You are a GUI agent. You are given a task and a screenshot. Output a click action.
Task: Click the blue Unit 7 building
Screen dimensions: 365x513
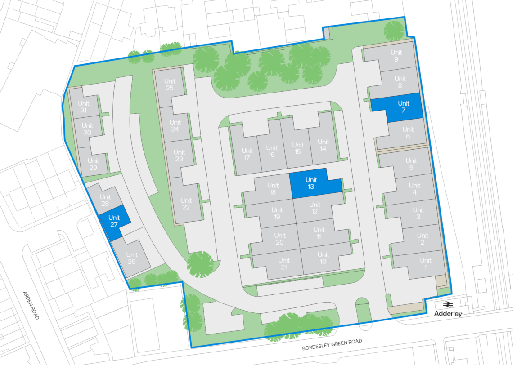click(x=404, y=107)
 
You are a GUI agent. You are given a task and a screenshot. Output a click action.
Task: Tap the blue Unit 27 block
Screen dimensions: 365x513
click(x=114, y=222)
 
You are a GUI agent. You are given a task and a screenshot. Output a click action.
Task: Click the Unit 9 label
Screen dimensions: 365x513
click(x=396, y=56)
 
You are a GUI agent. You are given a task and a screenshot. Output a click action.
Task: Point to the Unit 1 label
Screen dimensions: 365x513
click(x=425, y=264)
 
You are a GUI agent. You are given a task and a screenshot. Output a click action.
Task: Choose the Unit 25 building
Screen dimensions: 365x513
click(x=169, y=84)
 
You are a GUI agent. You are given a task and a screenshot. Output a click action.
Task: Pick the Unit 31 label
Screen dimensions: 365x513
click(x=83, y=107)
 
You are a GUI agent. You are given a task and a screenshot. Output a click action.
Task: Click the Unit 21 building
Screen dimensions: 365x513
click(x=283, y=264)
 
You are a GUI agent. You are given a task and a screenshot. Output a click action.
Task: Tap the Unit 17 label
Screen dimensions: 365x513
click(x=247, y=154)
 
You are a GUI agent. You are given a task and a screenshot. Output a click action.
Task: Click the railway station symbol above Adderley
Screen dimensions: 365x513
click(x=448, y=304)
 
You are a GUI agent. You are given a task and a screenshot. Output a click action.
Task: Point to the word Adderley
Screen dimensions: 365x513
click(x=448, y=314)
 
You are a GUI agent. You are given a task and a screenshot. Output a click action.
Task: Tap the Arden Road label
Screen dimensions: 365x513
click(x=31, y=305)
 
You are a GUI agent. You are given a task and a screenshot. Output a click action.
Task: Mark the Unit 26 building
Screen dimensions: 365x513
click(x=131, y=258)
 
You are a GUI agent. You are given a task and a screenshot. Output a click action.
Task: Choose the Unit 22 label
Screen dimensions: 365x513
click(x=185, y=204)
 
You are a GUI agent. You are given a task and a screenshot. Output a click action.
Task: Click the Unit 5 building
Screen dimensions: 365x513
click(x=411, y=165)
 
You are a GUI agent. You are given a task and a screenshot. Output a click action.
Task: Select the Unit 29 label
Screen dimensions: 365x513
click(x=94, y=164)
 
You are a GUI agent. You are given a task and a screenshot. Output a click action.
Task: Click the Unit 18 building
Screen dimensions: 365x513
click(x=273, y=188)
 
